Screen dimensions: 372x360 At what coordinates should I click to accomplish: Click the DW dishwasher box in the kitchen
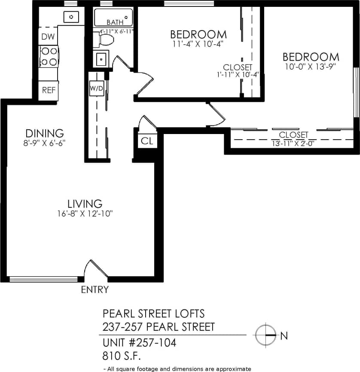click(48, 37)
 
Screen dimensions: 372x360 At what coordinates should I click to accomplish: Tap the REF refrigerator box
click(48, 90)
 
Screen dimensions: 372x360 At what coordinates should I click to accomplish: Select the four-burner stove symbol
click(49, 56)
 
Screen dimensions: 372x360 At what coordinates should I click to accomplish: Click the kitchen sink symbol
click(71, 17)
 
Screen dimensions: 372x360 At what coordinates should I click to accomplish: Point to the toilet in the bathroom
click(105, 40)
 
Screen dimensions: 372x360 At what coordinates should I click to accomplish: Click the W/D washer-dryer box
click(96, 89)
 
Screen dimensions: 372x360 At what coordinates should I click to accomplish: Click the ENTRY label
click(95, 290)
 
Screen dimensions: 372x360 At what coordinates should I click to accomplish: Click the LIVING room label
click(85, 203)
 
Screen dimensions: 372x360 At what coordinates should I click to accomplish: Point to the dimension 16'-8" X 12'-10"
click(85, 213)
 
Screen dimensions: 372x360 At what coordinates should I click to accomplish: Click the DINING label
click(45, 133)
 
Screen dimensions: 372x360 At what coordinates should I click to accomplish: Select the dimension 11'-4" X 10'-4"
click(198, 43)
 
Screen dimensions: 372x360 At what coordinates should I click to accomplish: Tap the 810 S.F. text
click(122, 356)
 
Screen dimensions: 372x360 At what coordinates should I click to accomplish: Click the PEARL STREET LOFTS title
click(153, 313)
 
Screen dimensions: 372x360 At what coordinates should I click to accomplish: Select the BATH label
click(115, 22)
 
